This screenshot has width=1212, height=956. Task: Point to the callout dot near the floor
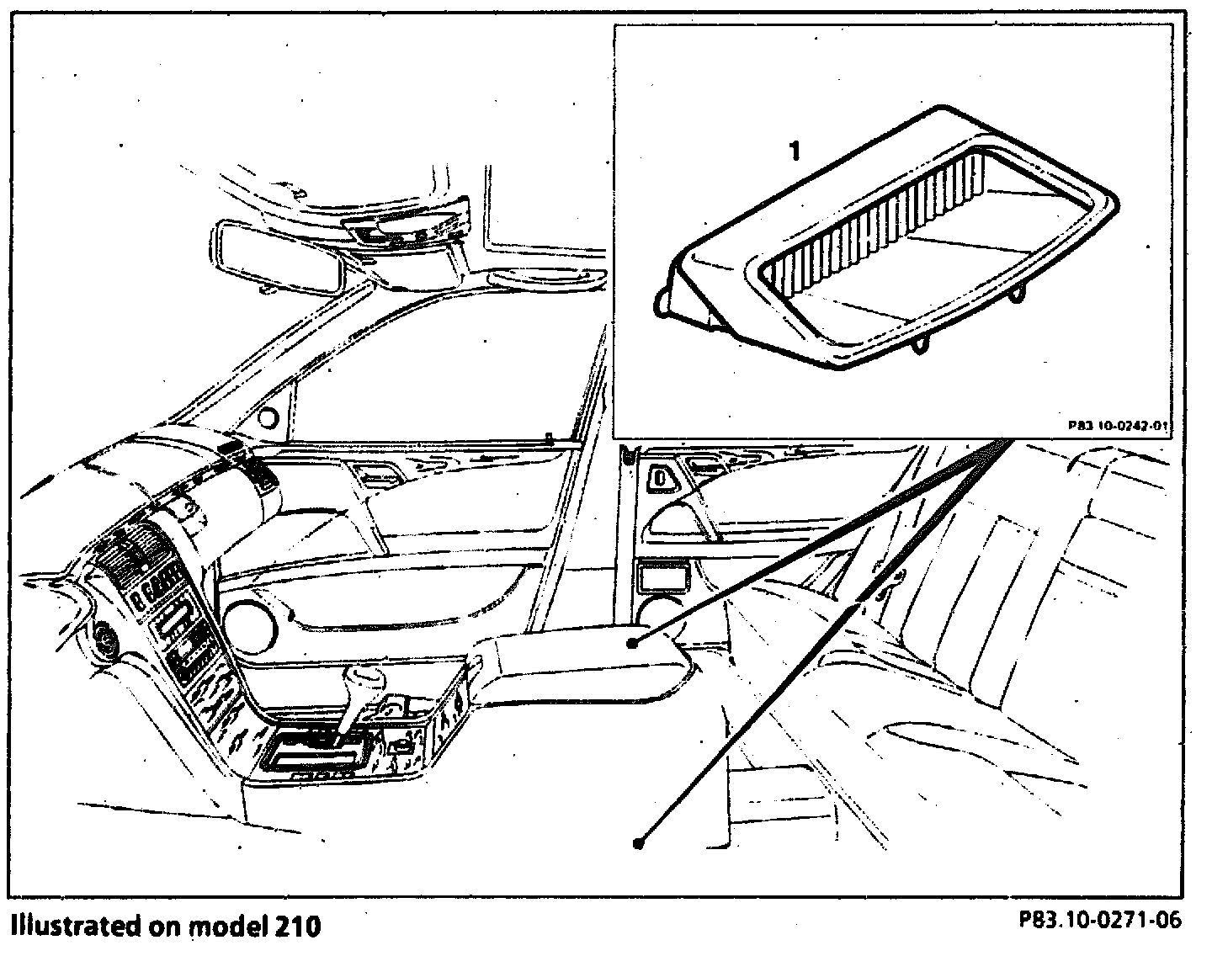point(639,842)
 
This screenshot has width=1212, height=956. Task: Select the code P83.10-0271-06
point(1100,920)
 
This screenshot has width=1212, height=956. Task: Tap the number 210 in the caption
point(296,926)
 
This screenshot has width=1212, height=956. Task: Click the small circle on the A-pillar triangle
point(270,417)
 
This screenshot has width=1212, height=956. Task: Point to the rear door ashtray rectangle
point(662,578)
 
